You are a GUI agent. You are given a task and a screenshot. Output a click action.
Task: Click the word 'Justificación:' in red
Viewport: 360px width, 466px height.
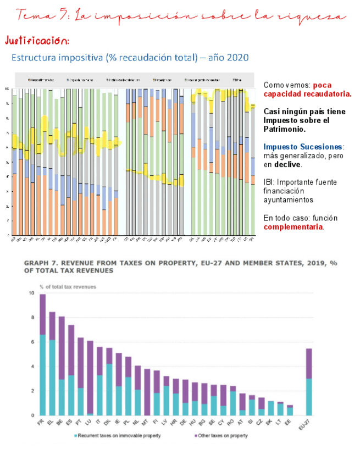(x=37, y=41)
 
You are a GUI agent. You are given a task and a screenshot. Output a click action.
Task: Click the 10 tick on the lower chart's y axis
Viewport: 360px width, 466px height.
(x=32, y=293)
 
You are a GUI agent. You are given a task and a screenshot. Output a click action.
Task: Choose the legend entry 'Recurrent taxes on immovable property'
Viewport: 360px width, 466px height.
(x=118, y=436)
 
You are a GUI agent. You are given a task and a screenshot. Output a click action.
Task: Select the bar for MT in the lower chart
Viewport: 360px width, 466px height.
(x=147, y=392)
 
